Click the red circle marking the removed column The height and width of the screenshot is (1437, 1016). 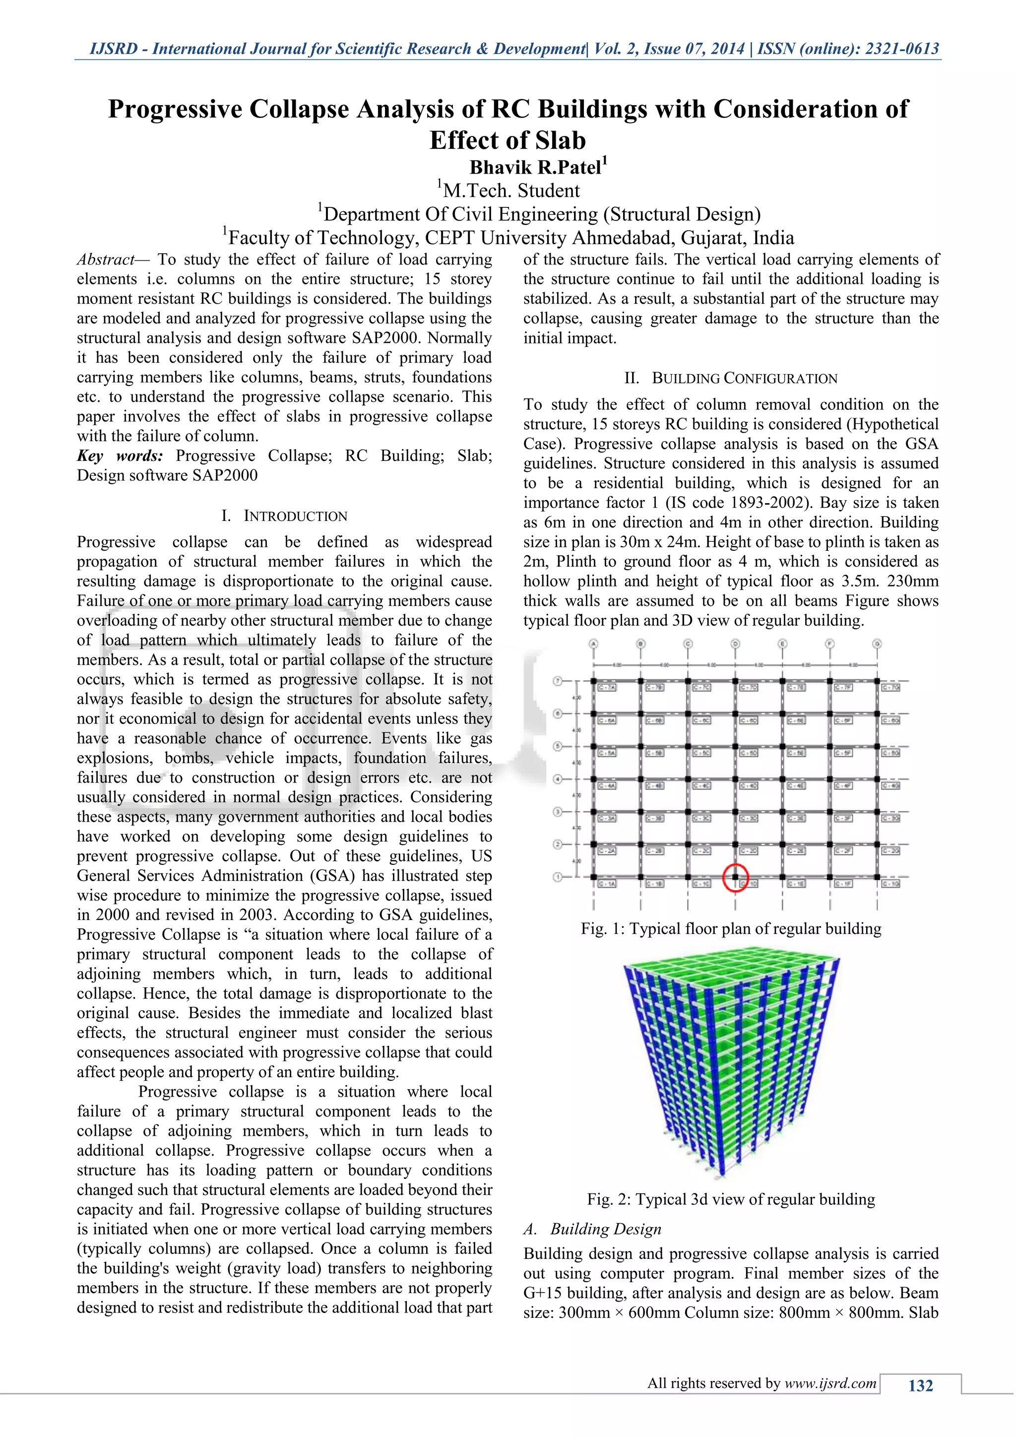(735, 877)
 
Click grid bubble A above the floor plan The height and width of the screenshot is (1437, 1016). (594, 644)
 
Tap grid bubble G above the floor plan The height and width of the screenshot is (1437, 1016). (877, 644)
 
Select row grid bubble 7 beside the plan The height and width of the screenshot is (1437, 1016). (557, 680)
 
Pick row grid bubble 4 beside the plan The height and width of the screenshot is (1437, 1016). (557, 779)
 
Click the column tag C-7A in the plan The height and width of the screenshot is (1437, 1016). (606, 687)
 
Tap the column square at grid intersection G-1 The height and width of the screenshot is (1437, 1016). (877, 877)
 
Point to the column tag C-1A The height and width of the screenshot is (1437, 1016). (606, 884)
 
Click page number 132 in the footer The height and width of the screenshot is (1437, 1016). (920, 1386)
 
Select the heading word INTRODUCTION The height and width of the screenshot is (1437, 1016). (295, 517)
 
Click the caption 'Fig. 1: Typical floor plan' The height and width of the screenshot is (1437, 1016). (731, 929)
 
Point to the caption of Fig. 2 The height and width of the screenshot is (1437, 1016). (731, 1200)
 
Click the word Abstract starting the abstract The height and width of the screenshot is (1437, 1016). (105, 260)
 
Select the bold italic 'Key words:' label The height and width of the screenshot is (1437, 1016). (120, 457)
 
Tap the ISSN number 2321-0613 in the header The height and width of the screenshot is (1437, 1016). (901, 49)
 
